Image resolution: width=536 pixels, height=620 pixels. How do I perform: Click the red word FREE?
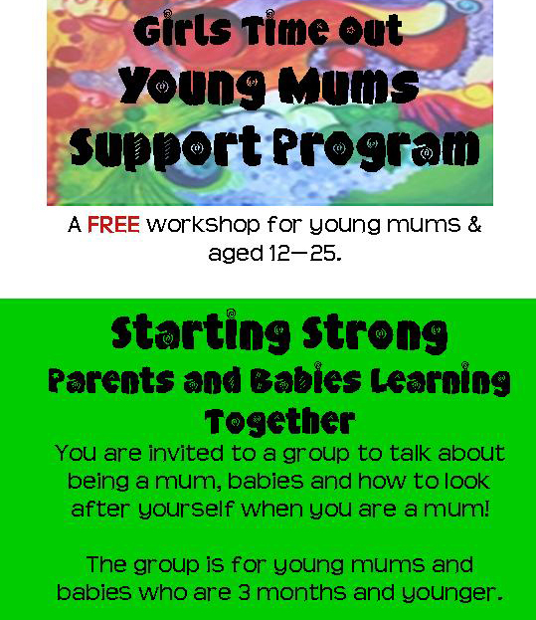113,225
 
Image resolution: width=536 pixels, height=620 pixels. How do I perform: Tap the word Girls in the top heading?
182,29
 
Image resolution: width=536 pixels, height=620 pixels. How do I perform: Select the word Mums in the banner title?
349,86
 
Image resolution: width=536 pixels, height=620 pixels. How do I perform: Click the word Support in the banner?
165,148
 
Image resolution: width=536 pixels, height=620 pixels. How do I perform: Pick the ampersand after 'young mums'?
474,225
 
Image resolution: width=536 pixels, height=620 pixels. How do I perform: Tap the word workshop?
203,225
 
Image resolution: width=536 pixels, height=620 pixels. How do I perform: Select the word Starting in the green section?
201,332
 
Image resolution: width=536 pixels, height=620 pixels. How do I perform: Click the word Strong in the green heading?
375,333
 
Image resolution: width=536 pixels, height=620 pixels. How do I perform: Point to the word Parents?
111,380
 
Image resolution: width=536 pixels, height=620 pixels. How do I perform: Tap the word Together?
279,422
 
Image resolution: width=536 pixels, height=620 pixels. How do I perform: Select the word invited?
186,453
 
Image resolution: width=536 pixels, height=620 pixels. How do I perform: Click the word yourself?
186,510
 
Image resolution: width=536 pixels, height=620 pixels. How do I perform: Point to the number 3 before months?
244,592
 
